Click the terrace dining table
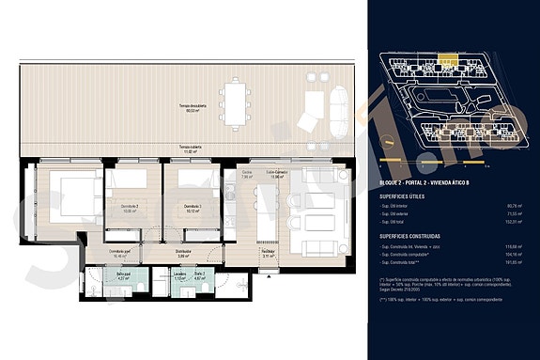[x=235, y=97]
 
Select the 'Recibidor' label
[x=268, y=251]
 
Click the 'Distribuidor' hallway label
[x=184, y=252]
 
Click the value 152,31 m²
[x=515, y=222]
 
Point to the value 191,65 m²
[x=515, y=262]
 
